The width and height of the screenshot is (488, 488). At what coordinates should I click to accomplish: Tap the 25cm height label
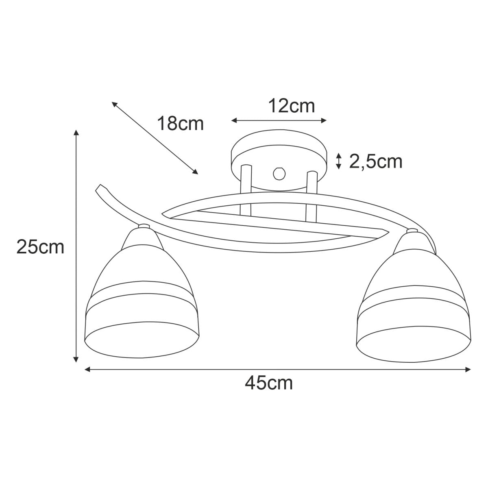[x=40, y=247]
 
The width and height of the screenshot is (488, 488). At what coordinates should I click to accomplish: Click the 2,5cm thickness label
[x=376, y=161]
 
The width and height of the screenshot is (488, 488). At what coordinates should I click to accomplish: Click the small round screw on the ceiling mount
[x=279, y=174]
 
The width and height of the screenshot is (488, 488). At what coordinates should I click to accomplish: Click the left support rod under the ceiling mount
[x=246, y=190]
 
